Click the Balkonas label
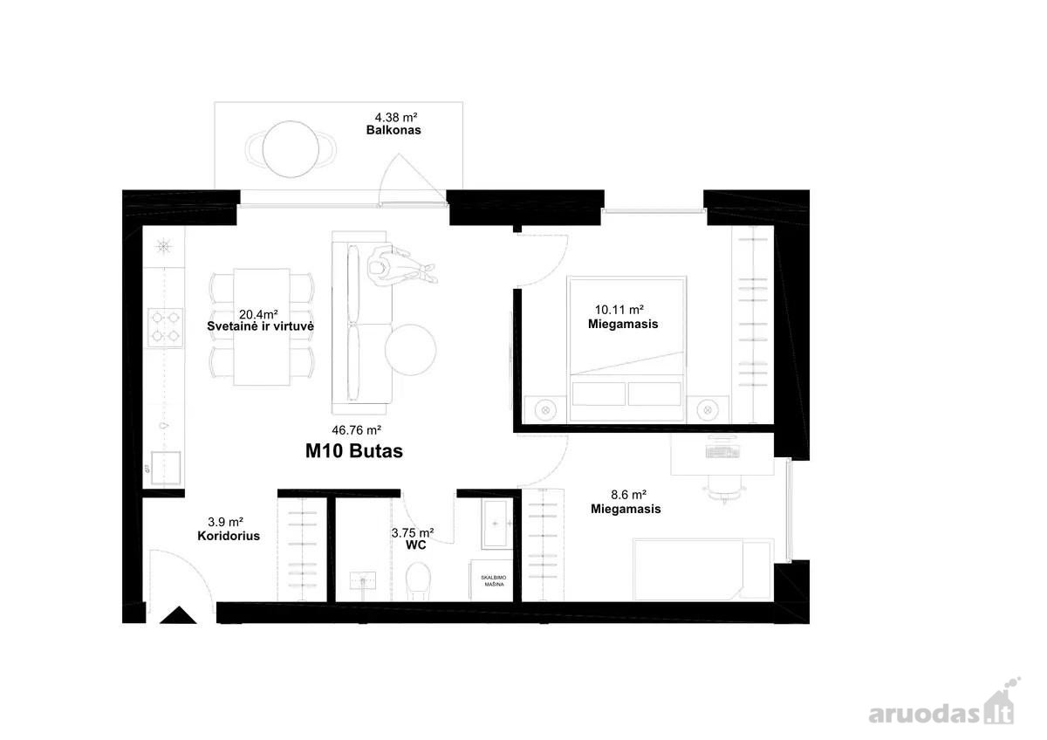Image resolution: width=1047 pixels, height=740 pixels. click(x=393, y=130)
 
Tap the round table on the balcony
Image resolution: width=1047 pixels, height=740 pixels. click(x=291, y=149)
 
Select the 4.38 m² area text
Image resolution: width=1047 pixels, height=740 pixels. click(x=396, y=117)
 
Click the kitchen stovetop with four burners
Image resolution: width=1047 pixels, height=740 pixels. click(x=166, y=327)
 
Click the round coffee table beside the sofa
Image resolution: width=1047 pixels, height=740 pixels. click(x=411, y=349)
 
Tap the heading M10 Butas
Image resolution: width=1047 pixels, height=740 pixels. click(x=354, y=451)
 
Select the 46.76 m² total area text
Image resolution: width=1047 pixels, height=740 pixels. click(x=357, y=429)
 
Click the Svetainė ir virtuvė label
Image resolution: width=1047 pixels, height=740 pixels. click(x=260, y=326)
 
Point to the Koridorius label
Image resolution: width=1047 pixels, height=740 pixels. click(x=229, y=536)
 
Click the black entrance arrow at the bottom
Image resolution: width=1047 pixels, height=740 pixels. click(x=178, y=615)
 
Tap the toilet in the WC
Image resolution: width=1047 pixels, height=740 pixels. click(x=417, y=581)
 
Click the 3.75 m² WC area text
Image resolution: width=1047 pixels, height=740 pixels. click(x=413, y=533)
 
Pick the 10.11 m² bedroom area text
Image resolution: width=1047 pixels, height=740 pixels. click(x=619, y=310)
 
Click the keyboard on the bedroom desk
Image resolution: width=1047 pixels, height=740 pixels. click(x=722, y=452)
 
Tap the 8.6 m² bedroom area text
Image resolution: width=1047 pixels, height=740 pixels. click(x=629, y=495)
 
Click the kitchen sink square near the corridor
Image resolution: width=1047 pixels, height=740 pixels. click(x=166, y=468)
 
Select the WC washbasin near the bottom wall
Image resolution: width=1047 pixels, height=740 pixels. click(x=363, y=580)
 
